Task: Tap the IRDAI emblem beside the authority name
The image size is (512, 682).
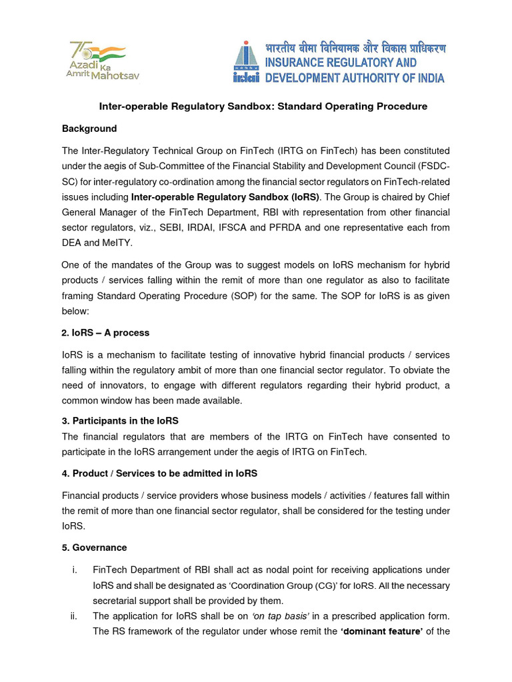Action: (x=247, y=61)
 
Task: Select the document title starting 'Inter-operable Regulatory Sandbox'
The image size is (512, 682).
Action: (x=263, y=107)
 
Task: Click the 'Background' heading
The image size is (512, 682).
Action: (x=89, y=129)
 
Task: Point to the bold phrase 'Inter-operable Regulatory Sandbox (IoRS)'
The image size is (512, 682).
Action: (x=225, y=197)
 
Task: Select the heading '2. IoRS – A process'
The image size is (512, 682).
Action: (x=105, y=332)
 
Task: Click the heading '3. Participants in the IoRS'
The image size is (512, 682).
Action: (x=120, y=421)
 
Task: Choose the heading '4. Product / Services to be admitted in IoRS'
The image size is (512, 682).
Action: (x=159, y=474)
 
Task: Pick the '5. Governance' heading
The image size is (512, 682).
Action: (x=94, y=547)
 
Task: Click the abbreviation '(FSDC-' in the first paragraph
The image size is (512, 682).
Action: (x=432, y=167)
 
